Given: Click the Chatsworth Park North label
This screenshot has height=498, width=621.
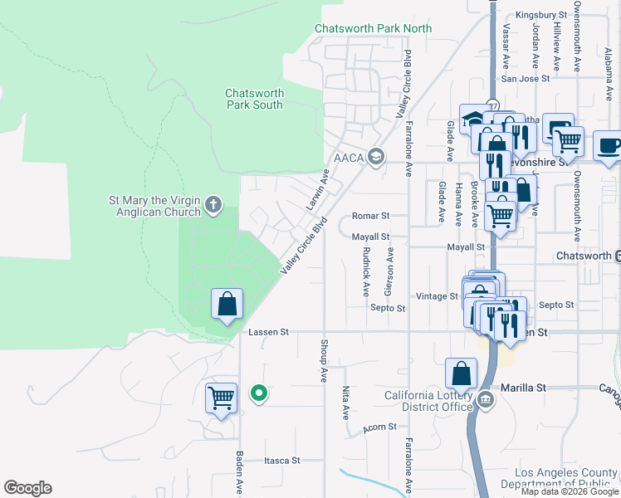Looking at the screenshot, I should point(373,28).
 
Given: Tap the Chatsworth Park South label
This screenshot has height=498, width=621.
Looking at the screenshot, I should point(254,99).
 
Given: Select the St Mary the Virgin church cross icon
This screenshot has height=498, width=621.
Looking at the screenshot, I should point(213,204).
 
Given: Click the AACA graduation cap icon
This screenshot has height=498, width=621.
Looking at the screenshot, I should point(376,157).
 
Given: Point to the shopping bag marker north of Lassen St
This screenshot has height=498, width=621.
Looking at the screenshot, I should point(227,305).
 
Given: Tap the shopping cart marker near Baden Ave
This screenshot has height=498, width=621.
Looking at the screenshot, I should point(221,398).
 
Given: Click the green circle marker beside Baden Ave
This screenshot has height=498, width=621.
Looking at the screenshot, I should point(259,393).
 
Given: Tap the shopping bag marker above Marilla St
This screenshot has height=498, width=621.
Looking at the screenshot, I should point(461,374).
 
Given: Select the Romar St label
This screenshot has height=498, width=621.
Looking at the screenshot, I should point(370,215).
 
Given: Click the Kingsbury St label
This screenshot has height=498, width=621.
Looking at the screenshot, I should point(540,15).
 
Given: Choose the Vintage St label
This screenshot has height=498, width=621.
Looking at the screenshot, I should point(437,295).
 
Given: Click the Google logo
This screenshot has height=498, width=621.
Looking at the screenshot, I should point(27,488).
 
